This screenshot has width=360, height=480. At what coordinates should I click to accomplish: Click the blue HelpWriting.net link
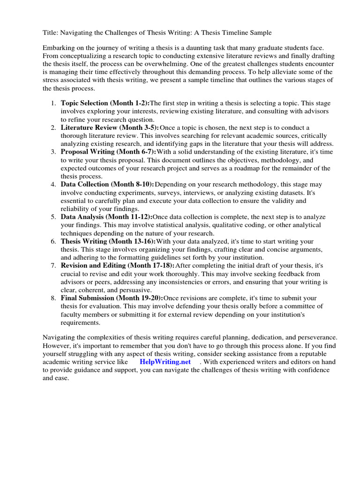(x=165, y=362)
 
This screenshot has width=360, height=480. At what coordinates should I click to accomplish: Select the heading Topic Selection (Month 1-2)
(x=105, y=103)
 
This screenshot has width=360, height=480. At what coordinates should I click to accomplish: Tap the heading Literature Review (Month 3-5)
(x=110, y=127)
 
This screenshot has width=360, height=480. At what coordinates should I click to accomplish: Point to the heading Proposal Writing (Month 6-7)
(x=108, y=151)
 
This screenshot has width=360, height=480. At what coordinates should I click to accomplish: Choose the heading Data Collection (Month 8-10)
(x=107, y=184)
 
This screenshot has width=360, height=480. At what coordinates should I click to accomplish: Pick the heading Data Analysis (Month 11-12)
(x=106, y=217)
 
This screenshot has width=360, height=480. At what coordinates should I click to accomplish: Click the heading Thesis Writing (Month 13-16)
(x=108, y=241)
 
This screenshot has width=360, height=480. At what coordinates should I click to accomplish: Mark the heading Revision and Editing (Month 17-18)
(x=117, y=265)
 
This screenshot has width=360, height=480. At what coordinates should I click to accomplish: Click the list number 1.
(x=54, y=103)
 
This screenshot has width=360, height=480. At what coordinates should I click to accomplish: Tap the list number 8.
(x=54, y=298)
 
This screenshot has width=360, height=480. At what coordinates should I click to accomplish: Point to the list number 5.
(x=54, y=217)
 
